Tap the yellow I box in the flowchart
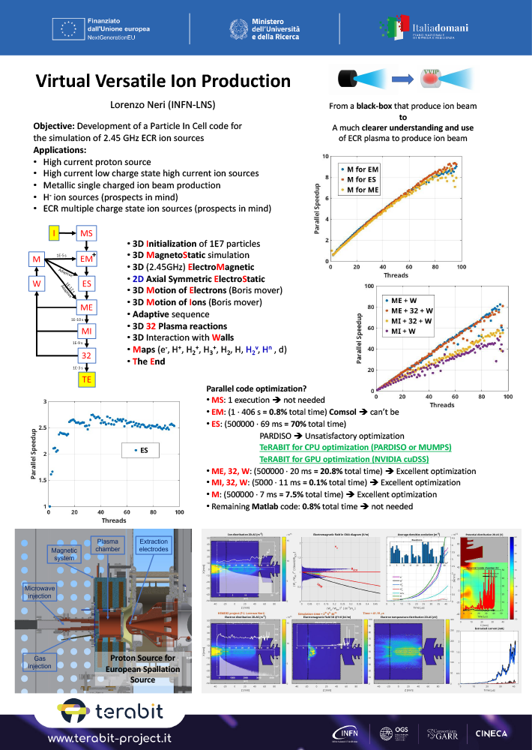pyautogui.click(x=54, y=234)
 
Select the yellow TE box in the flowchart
pyautogui.click(x=86, y=379)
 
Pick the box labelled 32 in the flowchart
pyautogui.click(x=86, y=355)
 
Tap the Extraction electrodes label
pyautogui.click(x=154, y=546)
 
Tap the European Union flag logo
pyautogui.click(x=69, y=28)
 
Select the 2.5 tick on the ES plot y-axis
pyautogui.click(x=43, y=427)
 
